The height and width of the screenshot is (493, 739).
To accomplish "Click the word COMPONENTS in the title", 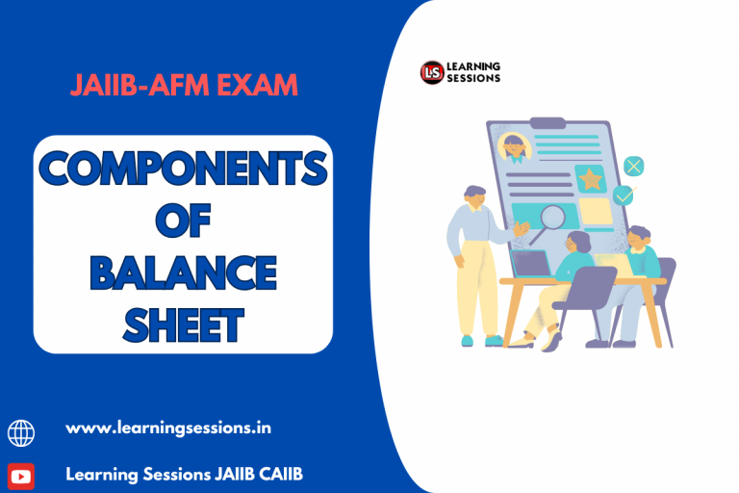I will pyautogui.click(x=183, y=170).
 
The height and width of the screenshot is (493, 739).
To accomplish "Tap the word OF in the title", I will pyautogui.click(x=183, y=221).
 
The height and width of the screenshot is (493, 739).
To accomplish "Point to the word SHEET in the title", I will pyautogui.click(x=183, y=324).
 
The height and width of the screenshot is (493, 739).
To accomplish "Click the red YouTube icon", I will pyautogui.click(x=21, y=476).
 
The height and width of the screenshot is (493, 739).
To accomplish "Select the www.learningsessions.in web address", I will pyautogui.click(x=168, y=428).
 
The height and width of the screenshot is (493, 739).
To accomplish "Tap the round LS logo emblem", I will pyautogui.click(x=431, y=72).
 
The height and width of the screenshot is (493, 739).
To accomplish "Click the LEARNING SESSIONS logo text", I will pyautogui.click(x=474, y=72).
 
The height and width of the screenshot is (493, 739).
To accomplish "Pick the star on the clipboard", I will pyautogui.click(x=589, y=177).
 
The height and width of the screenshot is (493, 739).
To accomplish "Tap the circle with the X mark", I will pyautogui.click(x=633, y=165).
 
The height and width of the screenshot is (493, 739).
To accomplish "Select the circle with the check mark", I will pyautogui.click(x=624, y=195).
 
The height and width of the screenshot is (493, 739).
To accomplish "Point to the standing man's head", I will pyautogui.click(x=473, y=195).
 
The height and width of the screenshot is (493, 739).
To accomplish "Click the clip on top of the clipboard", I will pyautogui.click(x=548, y=122).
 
